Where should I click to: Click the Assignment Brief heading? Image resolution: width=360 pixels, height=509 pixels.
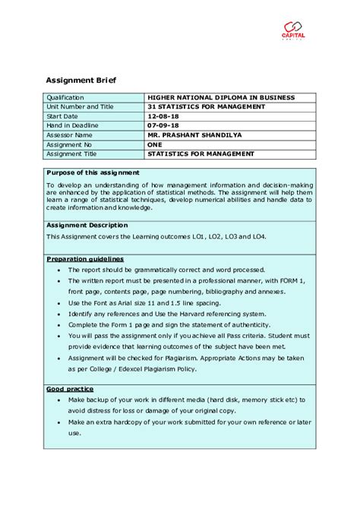point(81,80)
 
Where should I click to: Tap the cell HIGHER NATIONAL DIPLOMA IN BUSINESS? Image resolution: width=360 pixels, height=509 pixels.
point(221,97)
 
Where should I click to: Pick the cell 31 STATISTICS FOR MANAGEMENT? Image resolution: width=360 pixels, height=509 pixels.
point(207,106)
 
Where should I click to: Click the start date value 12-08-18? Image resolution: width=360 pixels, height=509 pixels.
point(162,115)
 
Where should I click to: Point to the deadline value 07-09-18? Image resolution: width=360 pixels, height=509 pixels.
point(162,125)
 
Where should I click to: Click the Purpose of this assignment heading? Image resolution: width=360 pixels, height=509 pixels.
point(93,172)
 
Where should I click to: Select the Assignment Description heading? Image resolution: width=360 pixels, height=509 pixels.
point(87,225)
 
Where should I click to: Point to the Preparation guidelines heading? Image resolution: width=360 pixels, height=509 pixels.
point(85,259)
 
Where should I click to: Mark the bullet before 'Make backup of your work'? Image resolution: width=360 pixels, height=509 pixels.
point(58,400)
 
